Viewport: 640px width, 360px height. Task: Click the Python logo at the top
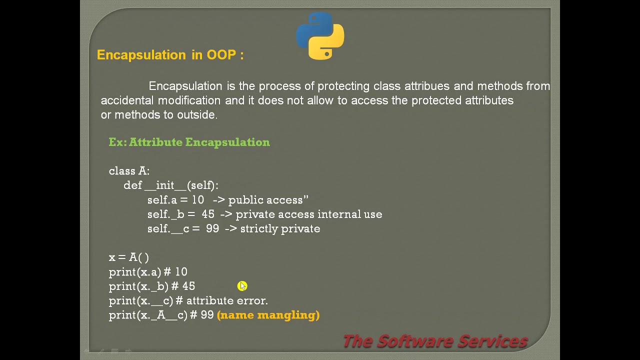320,36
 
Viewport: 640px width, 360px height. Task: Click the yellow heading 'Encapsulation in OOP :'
170,55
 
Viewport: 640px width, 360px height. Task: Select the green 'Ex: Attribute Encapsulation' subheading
189,142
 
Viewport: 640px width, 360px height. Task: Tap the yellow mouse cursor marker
242,286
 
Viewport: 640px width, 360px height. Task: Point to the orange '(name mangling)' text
268,315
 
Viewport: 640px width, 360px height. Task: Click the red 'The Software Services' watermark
435,341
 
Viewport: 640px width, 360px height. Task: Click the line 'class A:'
129,171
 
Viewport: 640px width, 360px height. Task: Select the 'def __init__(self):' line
170,185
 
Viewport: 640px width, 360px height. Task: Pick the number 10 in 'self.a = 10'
197,200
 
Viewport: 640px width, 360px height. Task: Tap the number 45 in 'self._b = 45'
208,214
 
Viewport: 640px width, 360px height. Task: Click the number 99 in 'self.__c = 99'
212,229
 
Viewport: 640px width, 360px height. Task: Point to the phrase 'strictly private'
280,229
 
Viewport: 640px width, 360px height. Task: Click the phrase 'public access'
265,200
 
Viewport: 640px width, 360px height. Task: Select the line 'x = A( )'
128,257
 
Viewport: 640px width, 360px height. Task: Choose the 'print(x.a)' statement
135,272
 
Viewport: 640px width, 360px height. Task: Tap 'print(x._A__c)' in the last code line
148,315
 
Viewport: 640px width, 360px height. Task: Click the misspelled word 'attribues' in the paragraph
426,86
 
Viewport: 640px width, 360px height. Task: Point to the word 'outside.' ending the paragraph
197,115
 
